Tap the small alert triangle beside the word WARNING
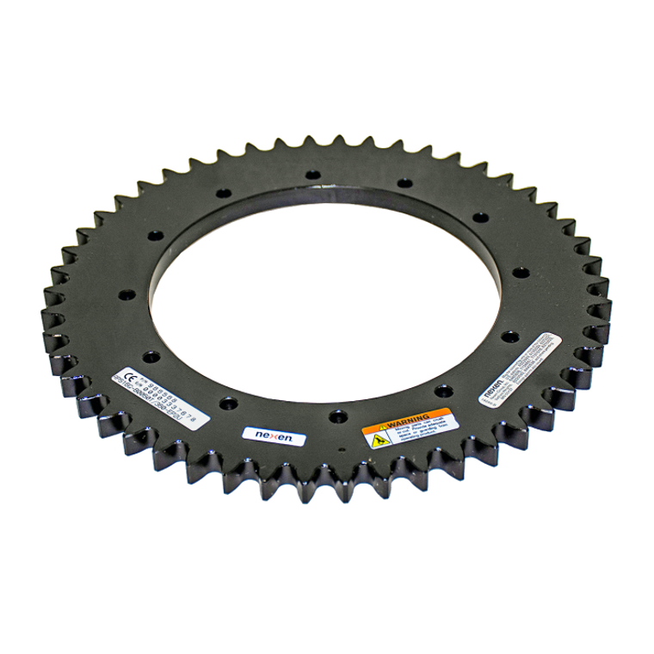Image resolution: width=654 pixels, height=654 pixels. (379, 425)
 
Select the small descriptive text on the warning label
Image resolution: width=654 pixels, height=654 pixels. (417, 430)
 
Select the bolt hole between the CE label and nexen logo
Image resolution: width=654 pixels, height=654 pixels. (225, 401)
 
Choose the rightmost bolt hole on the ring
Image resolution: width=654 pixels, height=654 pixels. (519, 273)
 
